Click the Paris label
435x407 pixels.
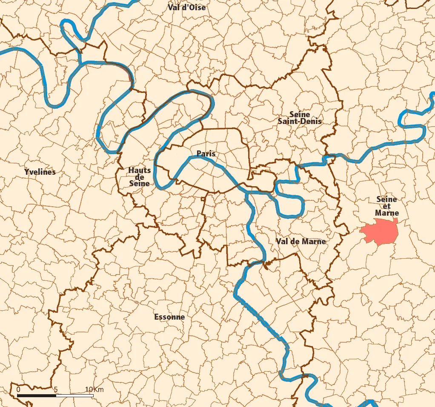pos(206,153)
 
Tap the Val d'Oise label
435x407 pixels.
pos(186,7)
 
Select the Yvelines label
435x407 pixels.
pos(40,172)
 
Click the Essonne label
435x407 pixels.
pos(169,317)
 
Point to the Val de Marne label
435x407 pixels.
pos(300,241)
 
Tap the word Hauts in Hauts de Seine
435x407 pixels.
pos(140,170)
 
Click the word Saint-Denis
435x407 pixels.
pos(300,121)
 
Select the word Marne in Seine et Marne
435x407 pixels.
pos(387,213)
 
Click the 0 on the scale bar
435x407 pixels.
pos(18,390)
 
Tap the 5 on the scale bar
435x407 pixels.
pos(56,390)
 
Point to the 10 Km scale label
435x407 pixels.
pos(94,390)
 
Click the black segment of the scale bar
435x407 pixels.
pos(37,395)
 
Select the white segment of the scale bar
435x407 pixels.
pos(74,395)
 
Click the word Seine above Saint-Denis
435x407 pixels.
pos(300,114)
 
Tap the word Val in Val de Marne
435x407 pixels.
pos(282,241)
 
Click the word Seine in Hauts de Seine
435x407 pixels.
pos(140,183)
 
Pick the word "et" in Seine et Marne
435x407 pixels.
pos(386,206)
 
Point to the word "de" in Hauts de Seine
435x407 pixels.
pos(140,177)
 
